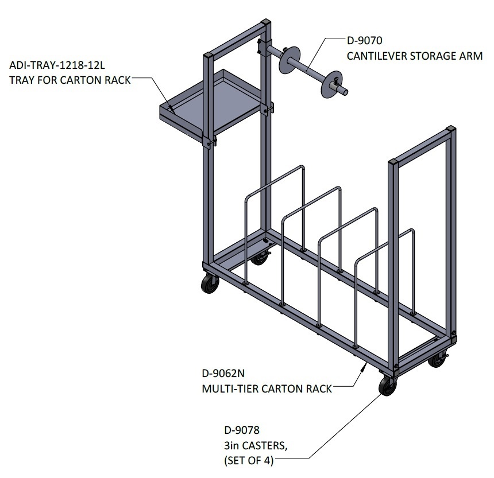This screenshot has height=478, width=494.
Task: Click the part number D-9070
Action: pos(365,40)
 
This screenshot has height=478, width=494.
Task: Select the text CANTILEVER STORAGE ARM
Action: pos(415,56)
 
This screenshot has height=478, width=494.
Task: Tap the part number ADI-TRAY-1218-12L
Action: pos(57,65)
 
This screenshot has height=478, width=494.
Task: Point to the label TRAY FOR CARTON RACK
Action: pos(70,80)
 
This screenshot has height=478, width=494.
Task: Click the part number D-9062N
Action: pos(223,373)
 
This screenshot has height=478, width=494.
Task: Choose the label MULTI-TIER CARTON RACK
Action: pos(267,388)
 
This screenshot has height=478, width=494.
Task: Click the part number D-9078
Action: pos(242,430)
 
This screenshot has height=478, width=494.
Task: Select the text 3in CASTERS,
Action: pos(256,445)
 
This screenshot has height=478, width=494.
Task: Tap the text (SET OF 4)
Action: pos(249,461)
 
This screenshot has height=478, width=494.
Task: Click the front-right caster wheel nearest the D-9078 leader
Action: pos(388,386)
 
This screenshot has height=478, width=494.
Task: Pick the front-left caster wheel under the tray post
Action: pos(210,283)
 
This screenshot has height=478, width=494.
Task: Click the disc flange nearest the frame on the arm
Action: pos(289,60)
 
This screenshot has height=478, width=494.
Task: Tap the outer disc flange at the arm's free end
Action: pos(331,84)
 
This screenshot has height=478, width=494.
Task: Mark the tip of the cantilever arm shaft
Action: pos(346,92)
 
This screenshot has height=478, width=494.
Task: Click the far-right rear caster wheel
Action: pos(437,360)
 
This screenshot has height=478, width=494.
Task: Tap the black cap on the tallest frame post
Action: pos(266,24)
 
